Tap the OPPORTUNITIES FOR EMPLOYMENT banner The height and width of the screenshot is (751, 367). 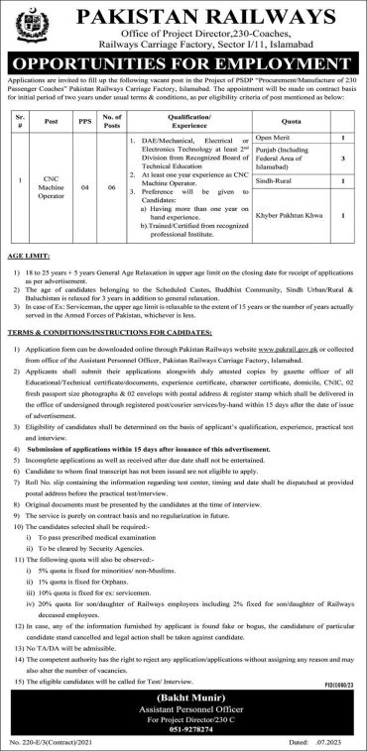[x=183, y=60]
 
